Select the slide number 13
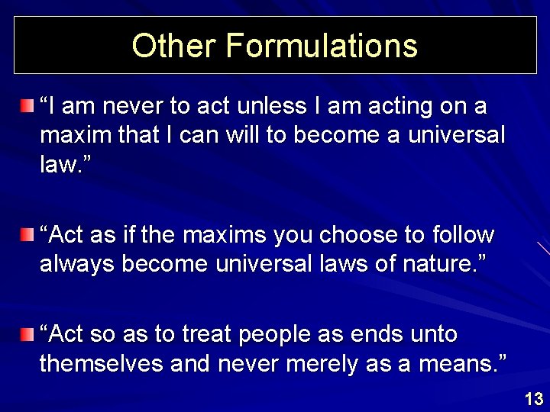pyautogui.click(x=534, y=398)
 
